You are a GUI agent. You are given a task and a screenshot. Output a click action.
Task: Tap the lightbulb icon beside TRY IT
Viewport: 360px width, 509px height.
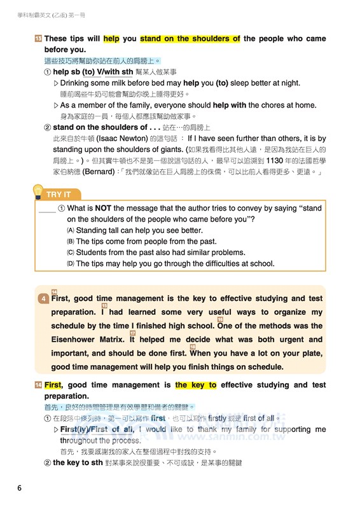(x=38, y=192)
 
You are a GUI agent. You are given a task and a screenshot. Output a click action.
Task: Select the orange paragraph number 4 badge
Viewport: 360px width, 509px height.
(x=43, y=299)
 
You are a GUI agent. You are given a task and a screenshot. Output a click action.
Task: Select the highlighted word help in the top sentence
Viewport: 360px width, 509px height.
(x=111, y=39)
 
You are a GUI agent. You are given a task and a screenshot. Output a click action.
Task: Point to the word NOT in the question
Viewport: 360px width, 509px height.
(x=103, y=208)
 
